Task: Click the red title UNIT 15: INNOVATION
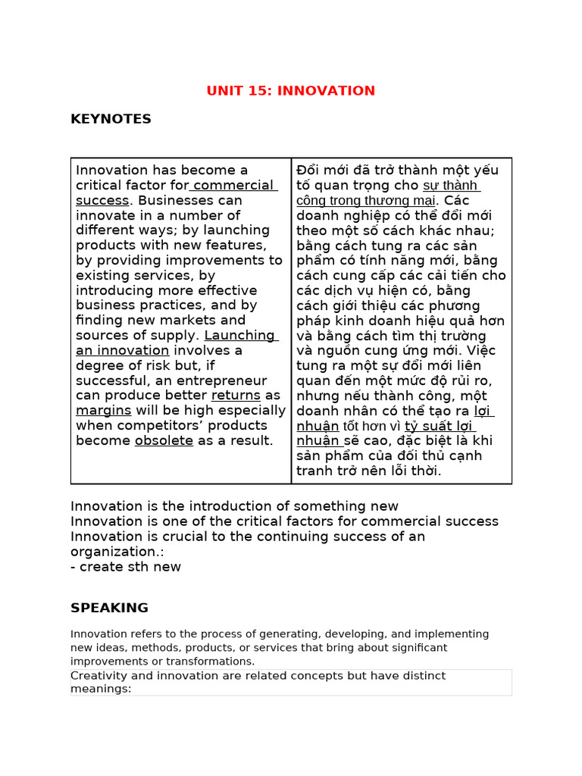tap(290, 91)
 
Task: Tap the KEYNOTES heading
tap(111, 119)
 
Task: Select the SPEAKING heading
tap(109, 608)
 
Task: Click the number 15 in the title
tap(261, 91)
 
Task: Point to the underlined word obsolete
tap(164, 440)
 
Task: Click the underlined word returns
tap(236, 396)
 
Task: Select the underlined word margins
tap(104, 411)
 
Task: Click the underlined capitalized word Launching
tap(239, 336)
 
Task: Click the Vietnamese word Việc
tap(481, 350)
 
